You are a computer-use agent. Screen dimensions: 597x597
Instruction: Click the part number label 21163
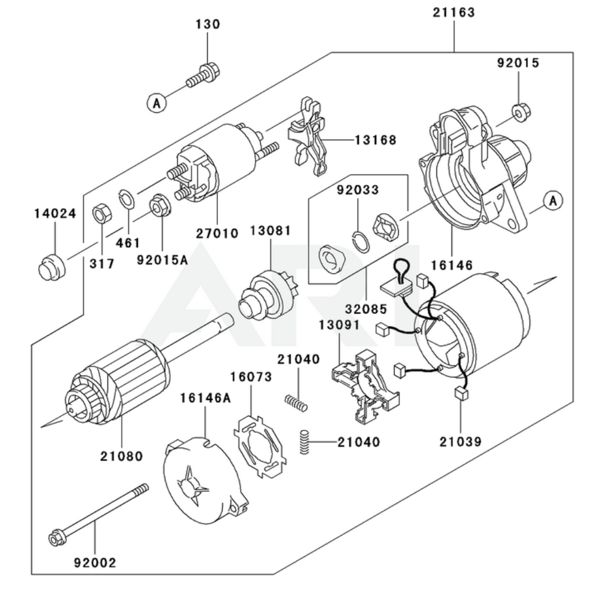coord(454,13)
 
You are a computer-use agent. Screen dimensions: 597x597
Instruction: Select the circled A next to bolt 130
coord(156,103)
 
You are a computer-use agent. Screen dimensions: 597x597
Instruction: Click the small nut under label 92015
coord(519,111)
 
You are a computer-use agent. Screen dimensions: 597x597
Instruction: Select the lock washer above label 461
coord(127,198)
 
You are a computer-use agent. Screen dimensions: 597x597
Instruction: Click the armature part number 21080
coord(122,456)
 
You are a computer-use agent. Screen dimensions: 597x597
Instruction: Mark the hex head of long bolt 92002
coord(55,538)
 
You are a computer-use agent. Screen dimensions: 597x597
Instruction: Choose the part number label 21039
coord(461,442)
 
